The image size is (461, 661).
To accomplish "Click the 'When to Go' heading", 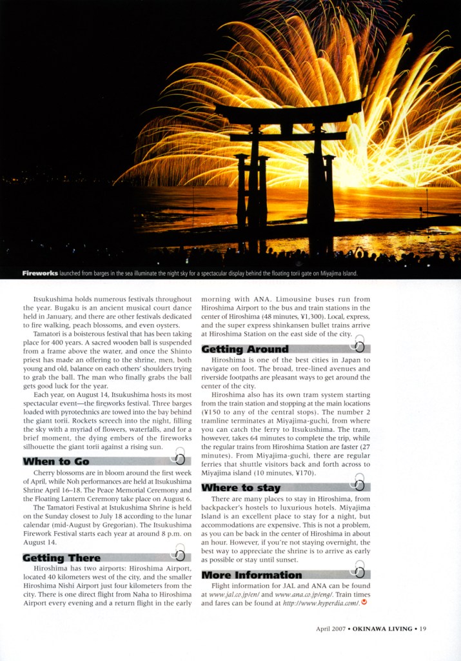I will coord(56,461).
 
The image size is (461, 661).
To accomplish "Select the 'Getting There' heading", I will coord(62,558).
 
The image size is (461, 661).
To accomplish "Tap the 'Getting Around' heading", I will coord(245,349).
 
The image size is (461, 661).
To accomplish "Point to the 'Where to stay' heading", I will coord(241,487).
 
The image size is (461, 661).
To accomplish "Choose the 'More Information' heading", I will coord(251,575).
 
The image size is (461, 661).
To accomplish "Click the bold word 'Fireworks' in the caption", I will coord(40,273).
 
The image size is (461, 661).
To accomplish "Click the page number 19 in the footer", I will coord(423,628).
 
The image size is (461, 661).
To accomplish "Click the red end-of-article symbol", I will coord(364,603).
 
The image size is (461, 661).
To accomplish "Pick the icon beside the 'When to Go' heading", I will coord(180,458).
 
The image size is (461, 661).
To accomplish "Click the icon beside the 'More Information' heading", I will coord(359,571).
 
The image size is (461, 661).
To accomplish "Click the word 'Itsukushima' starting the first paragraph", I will coord(54,300).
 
